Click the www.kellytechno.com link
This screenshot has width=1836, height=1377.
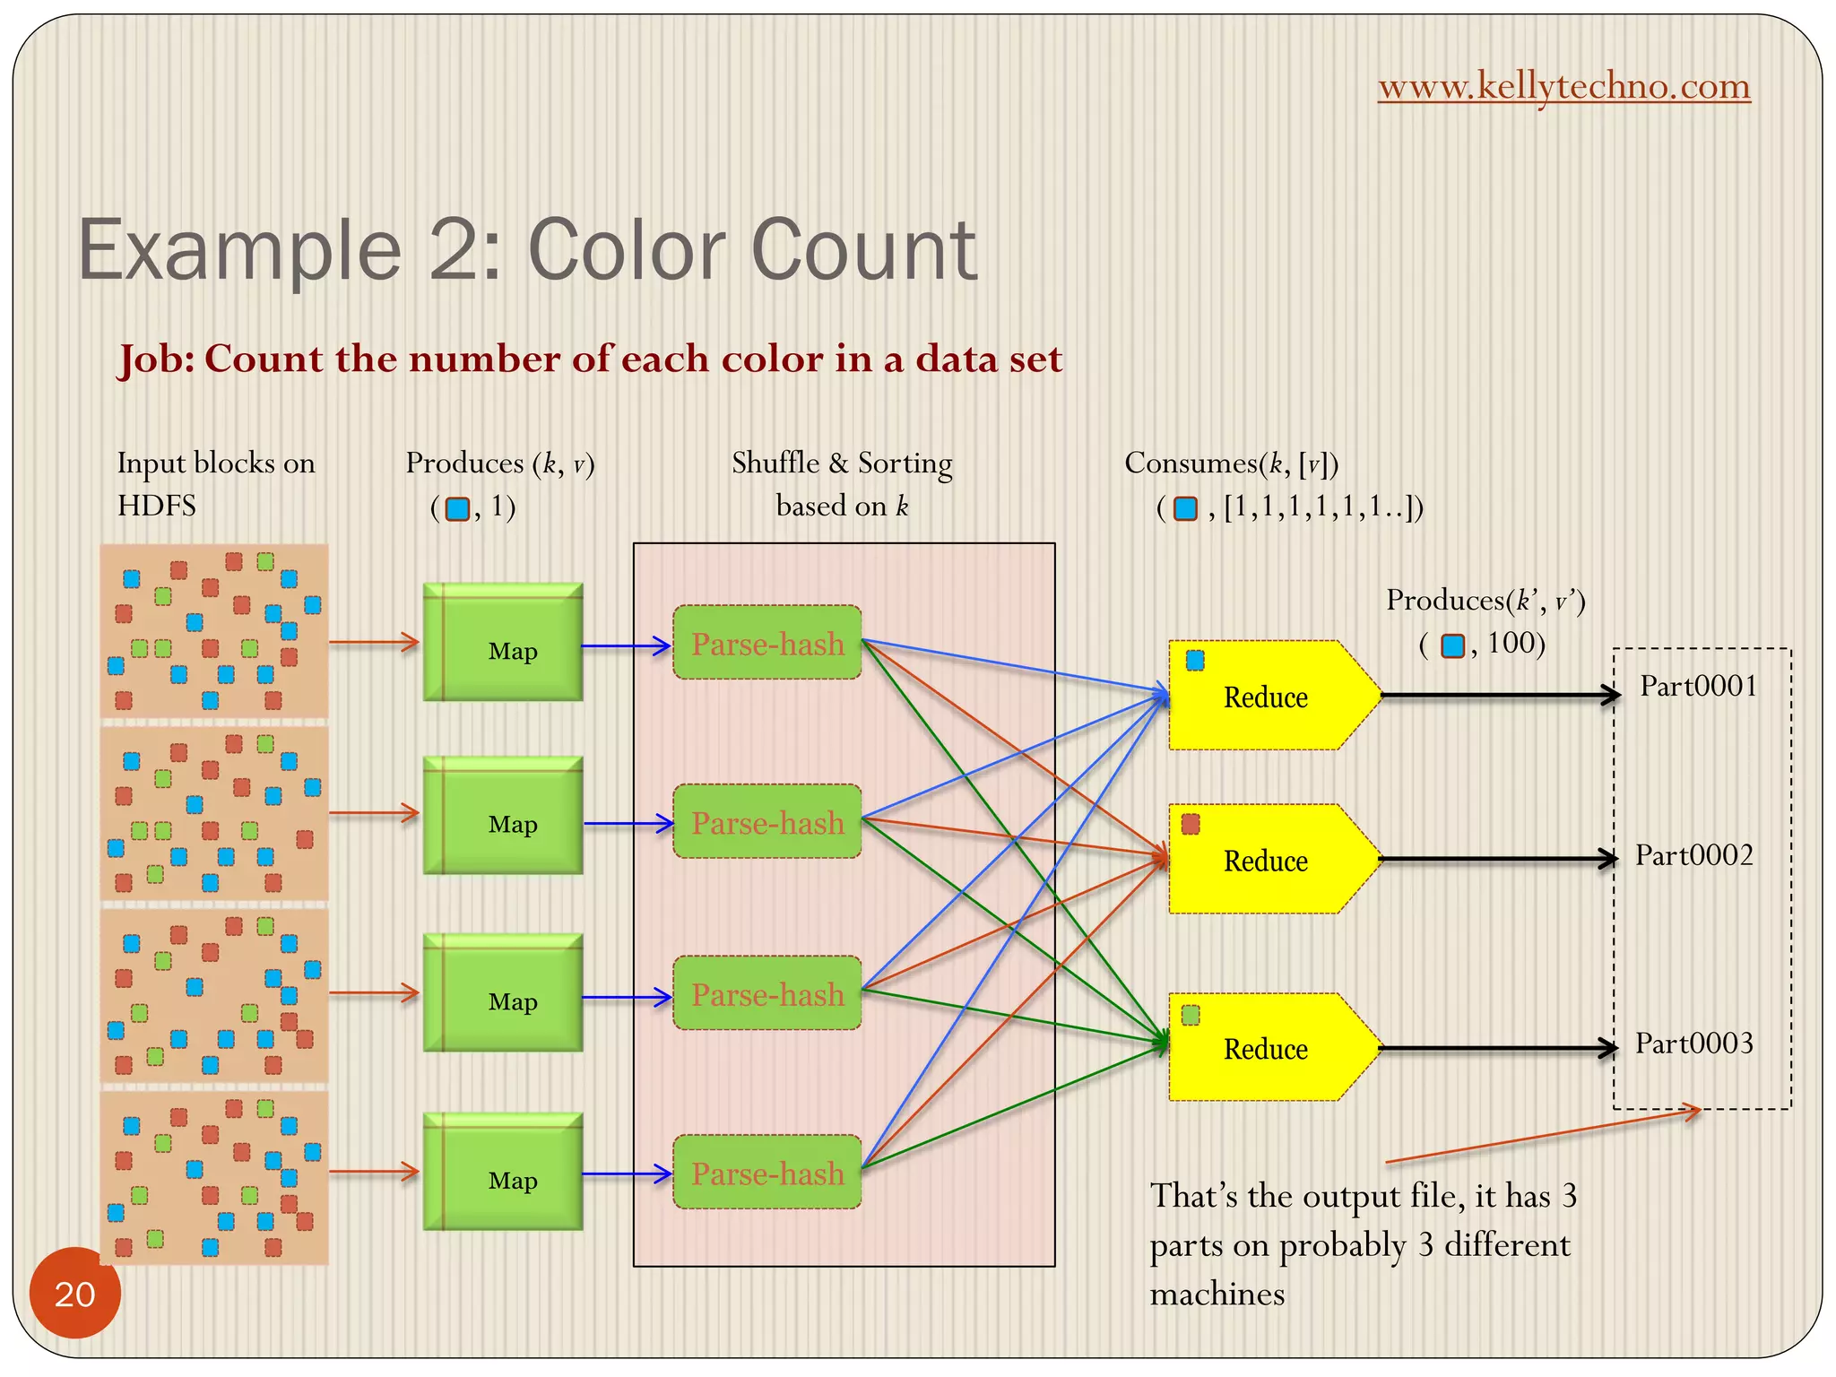1563,86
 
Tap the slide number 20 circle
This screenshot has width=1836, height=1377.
74,1293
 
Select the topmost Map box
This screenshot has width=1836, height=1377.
503,642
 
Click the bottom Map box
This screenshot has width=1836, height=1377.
503,1171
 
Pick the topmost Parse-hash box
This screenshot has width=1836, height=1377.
767,643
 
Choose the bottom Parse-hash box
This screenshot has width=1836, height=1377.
767,1173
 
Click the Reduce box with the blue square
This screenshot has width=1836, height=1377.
1266,696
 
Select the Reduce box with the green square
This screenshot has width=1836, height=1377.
1266,1047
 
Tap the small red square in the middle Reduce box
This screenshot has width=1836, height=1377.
1191,824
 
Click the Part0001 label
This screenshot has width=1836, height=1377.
1698,687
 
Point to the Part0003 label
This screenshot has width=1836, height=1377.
1693,1044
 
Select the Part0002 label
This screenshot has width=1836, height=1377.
1693,855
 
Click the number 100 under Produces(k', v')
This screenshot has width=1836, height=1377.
1511,643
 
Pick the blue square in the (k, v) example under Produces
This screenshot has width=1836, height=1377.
457,508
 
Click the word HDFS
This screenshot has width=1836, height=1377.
156,507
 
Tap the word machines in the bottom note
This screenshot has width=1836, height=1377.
1217,1295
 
